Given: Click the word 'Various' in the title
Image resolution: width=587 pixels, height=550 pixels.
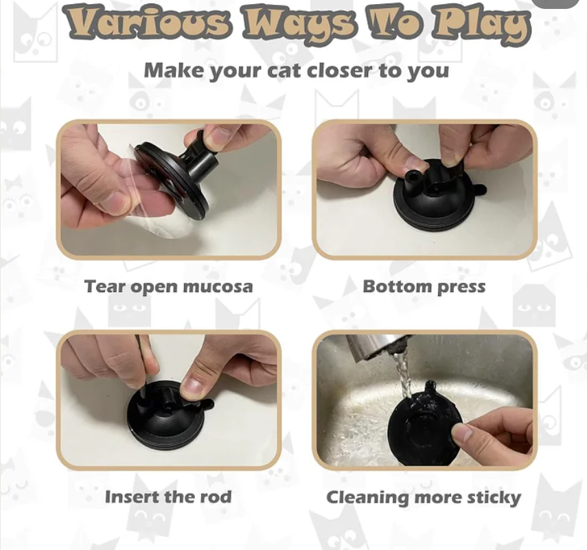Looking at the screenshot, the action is pyautogui.click(x=148, y=23).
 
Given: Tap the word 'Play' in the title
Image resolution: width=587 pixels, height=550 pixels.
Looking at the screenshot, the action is pyautogui.click(x=481, y=24).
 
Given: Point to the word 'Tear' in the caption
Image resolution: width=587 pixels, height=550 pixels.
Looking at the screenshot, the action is pyautogui.click(x=105, y=286).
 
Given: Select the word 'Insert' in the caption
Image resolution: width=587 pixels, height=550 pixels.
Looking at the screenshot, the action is pyautogui.click(x=132, y=497).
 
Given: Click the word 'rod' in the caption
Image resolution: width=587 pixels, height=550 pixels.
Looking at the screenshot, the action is pyautogui.click(x=216, y=497).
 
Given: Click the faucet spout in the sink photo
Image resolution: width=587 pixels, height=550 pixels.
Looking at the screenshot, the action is pyautogui.click(x=378, y=346).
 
